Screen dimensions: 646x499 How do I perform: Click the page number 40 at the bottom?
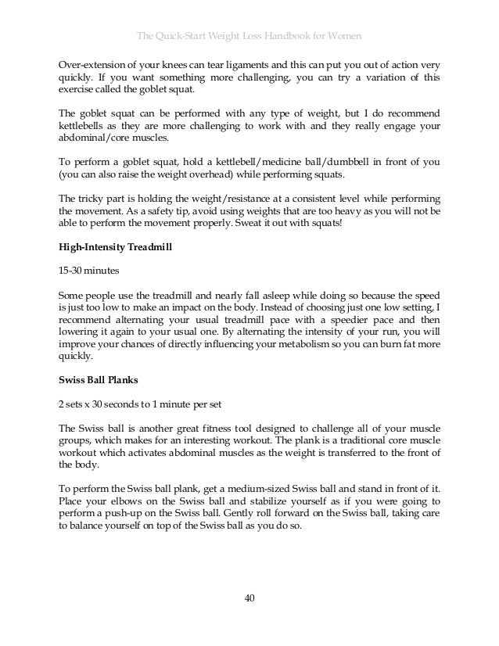click(249, 598)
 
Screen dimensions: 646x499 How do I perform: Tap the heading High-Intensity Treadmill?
click(116, 246)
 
